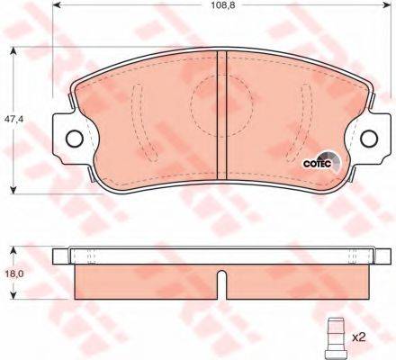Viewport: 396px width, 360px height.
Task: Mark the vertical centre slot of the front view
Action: coord(221,112)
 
